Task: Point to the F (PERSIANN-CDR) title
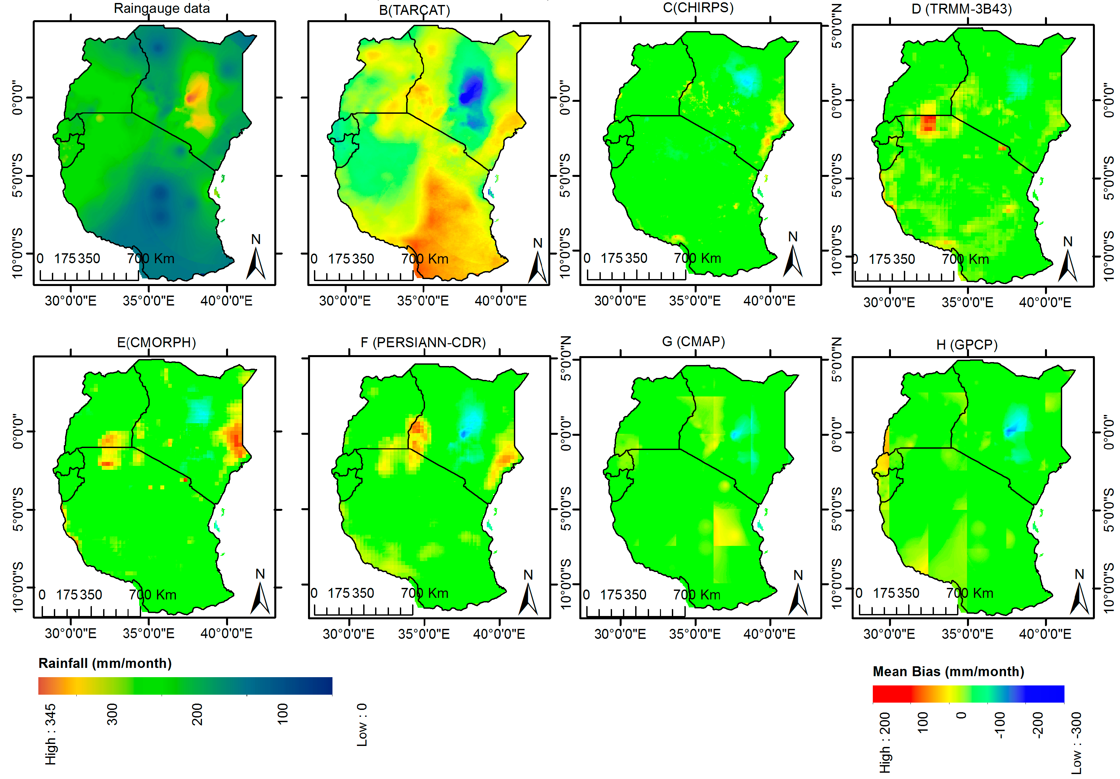pyautogui.click(x=423, y=342)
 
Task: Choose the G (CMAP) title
pyautogui.click(x=693, y=341)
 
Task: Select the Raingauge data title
pyautogui.click(x=162, y=8)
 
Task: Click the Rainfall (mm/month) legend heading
pyautogui.click(x=105, y=663)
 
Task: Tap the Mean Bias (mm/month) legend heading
pyautogui.click(x=948, y=671)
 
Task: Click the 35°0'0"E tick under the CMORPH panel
pyautogui.click(x=148, y=633)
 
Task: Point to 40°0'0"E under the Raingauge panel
pyautogui.click(x=226, y=301)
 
